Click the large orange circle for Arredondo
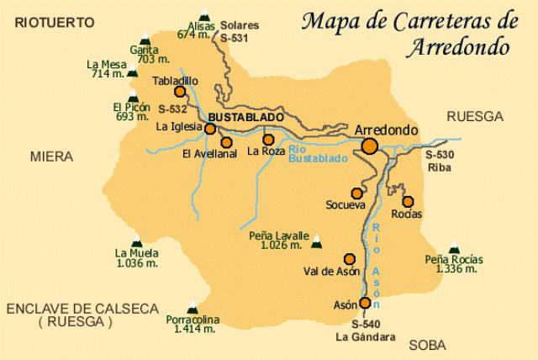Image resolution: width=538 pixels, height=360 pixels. click(x=369, y=146)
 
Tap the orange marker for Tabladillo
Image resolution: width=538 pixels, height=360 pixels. click(x=179, y=93)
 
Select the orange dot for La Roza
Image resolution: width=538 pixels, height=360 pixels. click(x=268, y=140)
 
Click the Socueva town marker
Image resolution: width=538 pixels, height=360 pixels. click(x=357, y=193)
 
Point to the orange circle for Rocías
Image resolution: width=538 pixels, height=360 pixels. click(x=409, y=201)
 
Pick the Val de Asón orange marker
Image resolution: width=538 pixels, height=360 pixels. click(x=350, y=259)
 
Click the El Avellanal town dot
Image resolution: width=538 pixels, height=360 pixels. click(x=226, y=142)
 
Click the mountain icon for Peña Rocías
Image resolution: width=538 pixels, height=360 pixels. click(x=454, y=247)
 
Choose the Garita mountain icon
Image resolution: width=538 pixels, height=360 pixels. click(x=147, y=39)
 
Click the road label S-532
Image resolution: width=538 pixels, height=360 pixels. click(x=171, y=109)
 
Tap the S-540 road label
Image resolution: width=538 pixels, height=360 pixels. click(x=366, y=324)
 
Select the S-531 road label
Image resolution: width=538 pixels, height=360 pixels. click(x=233, y=39)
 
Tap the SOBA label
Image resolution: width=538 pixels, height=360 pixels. click(x=428, y=345)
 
